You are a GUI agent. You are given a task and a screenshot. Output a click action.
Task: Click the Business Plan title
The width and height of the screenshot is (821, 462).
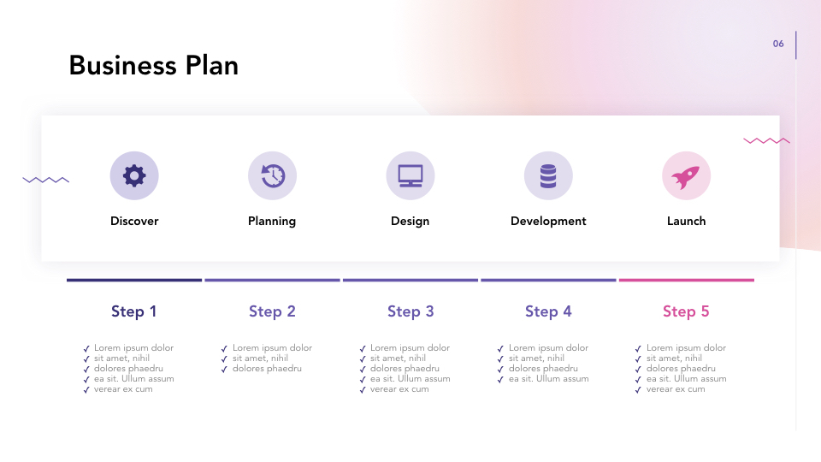[154, 66]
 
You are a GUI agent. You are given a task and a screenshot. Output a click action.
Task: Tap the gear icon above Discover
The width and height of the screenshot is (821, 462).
[134, 175]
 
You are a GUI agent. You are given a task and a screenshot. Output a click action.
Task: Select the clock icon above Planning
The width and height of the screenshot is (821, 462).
[272, 175]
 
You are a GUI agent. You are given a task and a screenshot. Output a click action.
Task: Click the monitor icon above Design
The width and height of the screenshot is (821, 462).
[410, 175]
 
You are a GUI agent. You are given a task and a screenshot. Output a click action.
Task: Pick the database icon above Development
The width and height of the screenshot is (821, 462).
[548, 175]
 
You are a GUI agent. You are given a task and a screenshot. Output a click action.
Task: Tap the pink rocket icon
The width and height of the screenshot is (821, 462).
[686, 175]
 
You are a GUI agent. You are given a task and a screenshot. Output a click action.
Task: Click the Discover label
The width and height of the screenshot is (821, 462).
[134, 221]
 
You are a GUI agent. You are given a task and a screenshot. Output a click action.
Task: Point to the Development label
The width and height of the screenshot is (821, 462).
[548, 221]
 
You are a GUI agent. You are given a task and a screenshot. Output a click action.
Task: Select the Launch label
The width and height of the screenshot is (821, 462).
[686, 221]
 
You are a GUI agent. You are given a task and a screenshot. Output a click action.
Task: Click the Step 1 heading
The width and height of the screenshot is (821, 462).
[134, 311]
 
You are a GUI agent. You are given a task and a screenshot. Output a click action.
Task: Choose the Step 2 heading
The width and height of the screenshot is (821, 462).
[272, 311]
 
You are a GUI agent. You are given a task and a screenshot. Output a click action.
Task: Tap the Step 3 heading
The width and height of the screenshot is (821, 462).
[410, 311]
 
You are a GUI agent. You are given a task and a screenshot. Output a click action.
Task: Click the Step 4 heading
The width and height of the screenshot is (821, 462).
[548, 311]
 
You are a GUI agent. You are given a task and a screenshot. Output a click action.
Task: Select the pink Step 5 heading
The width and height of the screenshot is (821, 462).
[686, 311]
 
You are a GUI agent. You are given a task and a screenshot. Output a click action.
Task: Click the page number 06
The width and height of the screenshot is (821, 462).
[778, 44]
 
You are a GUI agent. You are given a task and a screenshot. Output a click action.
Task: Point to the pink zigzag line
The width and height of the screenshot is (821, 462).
[766, 140]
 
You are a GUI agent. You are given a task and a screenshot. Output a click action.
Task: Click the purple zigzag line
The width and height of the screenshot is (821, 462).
[46, 180]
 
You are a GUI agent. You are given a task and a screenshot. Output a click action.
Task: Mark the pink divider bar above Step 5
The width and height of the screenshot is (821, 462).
[686, 280]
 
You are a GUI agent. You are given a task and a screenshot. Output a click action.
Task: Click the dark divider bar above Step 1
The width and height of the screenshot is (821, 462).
[134, 280]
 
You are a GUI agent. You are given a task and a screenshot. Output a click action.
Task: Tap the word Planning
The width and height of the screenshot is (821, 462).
[272, 221]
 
